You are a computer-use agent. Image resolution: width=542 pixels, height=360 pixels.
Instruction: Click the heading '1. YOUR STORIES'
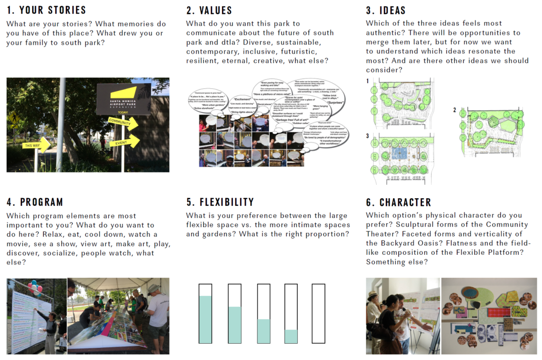tap(46, 10)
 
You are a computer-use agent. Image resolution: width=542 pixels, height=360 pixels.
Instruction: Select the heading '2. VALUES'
tap(209, 10)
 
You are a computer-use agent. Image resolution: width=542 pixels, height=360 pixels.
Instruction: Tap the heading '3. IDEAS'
tap(385, 10)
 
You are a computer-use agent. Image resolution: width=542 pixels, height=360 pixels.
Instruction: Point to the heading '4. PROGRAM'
tap(35, 202)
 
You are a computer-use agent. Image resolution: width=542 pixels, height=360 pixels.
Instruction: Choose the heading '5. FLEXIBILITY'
tap(220, 202)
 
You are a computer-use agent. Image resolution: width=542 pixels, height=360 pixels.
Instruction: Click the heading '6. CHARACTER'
tap(399, 202)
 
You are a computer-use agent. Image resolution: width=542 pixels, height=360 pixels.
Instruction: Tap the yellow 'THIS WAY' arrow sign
tap(36, 145)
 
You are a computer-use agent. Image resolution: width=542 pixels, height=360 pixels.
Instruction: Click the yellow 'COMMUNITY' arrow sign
tap(123, 123)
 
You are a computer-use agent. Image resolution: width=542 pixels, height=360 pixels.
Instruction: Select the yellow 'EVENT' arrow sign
tap(125, 141)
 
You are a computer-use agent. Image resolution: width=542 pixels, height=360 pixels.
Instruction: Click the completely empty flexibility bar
tap(318, 314)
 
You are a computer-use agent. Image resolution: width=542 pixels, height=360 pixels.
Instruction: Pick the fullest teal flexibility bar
tap(205, 319)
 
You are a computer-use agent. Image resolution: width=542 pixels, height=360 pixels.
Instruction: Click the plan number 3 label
tap(368, 136)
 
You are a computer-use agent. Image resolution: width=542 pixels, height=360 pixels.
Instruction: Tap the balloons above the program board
tap(36, 287)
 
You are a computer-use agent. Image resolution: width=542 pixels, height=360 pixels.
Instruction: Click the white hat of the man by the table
tap(153, 288)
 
